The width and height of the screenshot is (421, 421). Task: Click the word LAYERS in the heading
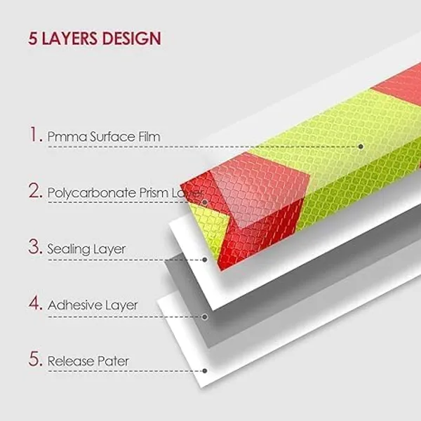pos(69,39)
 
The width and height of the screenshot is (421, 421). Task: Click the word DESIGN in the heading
pos(132,39)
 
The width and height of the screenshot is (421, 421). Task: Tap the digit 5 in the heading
pos(32,39)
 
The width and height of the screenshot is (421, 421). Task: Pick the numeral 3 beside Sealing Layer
pos(34,246)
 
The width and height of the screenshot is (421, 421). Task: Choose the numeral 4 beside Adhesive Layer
pos(34,302)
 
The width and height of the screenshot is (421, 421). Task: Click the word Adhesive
pos(74,305)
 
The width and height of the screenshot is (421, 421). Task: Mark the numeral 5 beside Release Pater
pos(34,359)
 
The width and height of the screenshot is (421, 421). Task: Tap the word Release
pos(70,361)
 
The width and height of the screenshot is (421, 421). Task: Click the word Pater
pos(113,361)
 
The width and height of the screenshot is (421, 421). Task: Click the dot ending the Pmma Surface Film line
pos(361,147)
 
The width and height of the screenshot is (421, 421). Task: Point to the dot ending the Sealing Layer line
pos(205,260)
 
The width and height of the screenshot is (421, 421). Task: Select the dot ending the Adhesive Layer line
pos(205,317)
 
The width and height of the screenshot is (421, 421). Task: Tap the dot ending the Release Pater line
pos(205,370)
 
